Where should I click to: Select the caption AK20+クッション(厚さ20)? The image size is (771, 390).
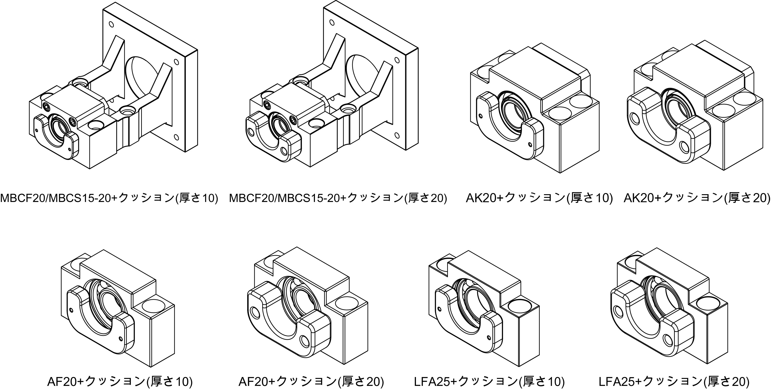[x=697, y=198]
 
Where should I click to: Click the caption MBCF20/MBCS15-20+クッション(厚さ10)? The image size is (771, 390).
[x=109, y=198]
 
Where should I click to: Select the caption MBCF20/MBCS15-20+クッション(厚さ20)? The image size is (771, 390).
[x=338, y=198]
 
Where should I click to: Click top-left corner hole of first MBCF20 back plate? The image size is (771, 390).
[x=111, y=24]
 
